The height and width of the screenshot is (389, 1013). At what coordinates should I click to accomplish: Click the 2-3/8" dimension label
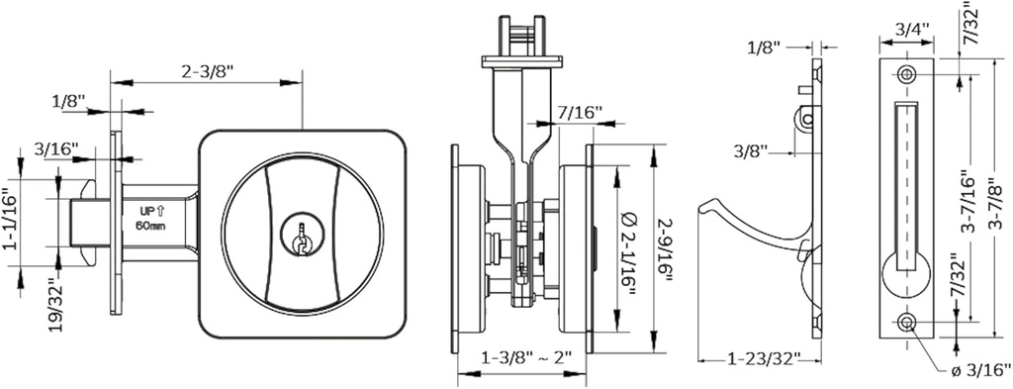click(208, 72)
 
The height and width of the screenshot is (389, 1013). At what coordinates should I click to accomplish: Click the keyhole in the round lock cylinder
click(298, 237)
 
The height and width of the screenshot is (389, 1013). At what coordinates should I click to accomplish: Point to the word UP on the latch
click(144, 212)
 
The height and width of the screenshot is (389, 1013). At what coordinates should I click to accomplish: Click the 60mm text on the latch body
click(150, 226)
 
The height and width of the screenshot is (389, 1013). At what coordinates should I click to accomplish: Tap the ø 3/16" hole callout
click(978, 370)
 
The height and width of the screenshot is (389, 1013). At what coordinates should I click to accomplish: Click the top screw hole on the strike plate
click(907, 75)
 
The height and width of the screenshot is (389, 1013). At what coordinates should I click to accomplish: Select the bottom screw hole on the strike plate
click(907, 321)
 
